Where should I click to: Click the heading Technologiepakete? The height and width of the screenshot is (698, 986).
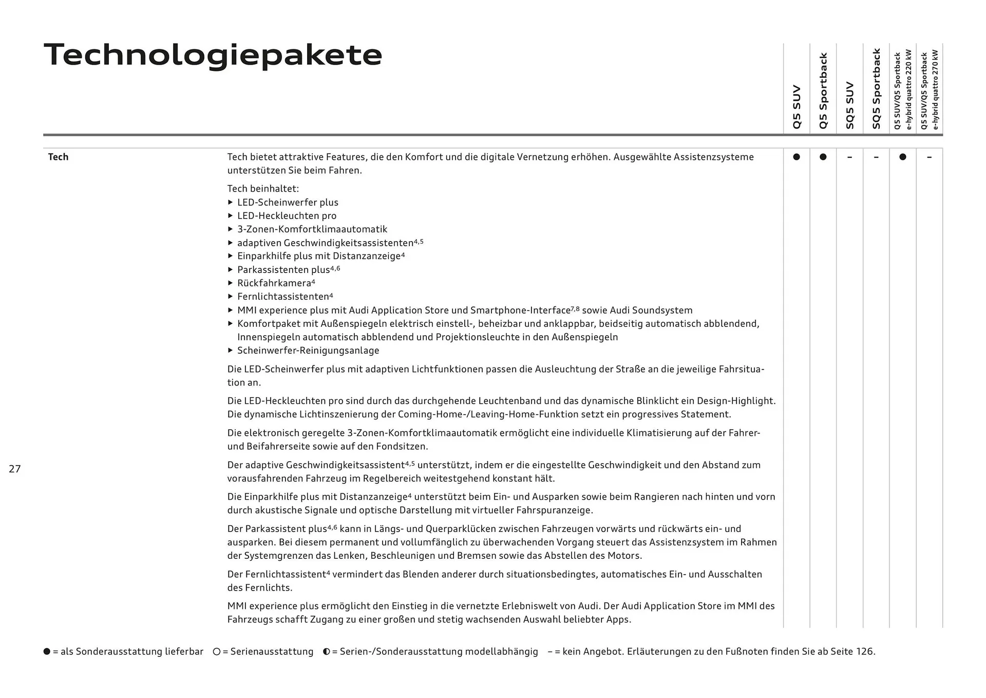pyautogui.click(x=213, y=55)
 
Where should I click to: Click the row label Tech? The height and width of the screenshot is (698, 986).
pyautogui.click(x=58, y=157)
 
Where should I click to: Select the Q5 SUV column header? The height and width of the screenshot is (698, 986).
pyautogui.click(x=797, y=107)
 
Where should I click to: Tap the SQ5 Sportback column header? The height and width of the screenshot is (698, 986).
pyautogui.click(x=876, y=88)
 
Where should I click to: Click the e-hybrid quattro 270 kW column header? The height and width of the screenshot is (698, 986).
pyautogui.click(x=930, y=90)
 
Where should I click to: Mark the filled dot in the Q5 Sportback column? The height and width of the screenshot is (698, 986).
pyautogui.click(x=823, y=157)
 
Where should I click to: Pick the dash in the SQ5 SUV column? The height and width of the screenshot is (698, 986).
pyautogui.click(x=849, y=157)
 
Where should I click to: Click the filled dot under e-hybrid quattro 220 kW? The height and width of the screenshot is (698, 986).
pyautogui.click(x=903, y=157)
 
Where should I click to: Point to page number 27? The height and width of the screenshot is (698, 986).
pyautogui.click(x=15, y=469)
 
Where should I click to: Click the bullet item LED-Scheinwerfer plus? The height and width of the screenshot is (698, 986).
pyautogui.click(x=288, y=203)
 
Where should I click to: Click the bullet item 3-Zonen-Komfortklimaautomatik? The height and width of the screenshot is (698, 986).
pyautogui.click(x=312, y=229)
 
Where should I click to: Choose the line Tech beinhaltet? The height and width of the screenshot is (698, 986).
pyautogui.click(x=263, y=189)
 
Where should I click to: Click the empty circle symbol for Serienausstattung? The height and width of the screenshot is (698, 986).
pyautogui.click(x=217, y=652)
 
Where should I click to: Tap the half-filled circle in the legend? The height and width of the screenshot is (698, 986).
pyautogui.click(x=327, y=652)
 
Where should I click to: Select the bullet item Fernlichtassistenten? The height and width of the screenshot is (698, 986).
pyautogui.click(x=283, y=297)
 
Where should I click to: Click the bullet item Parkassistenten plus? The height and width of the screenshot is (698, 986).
pyautogui.click(x=283, y=270)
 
